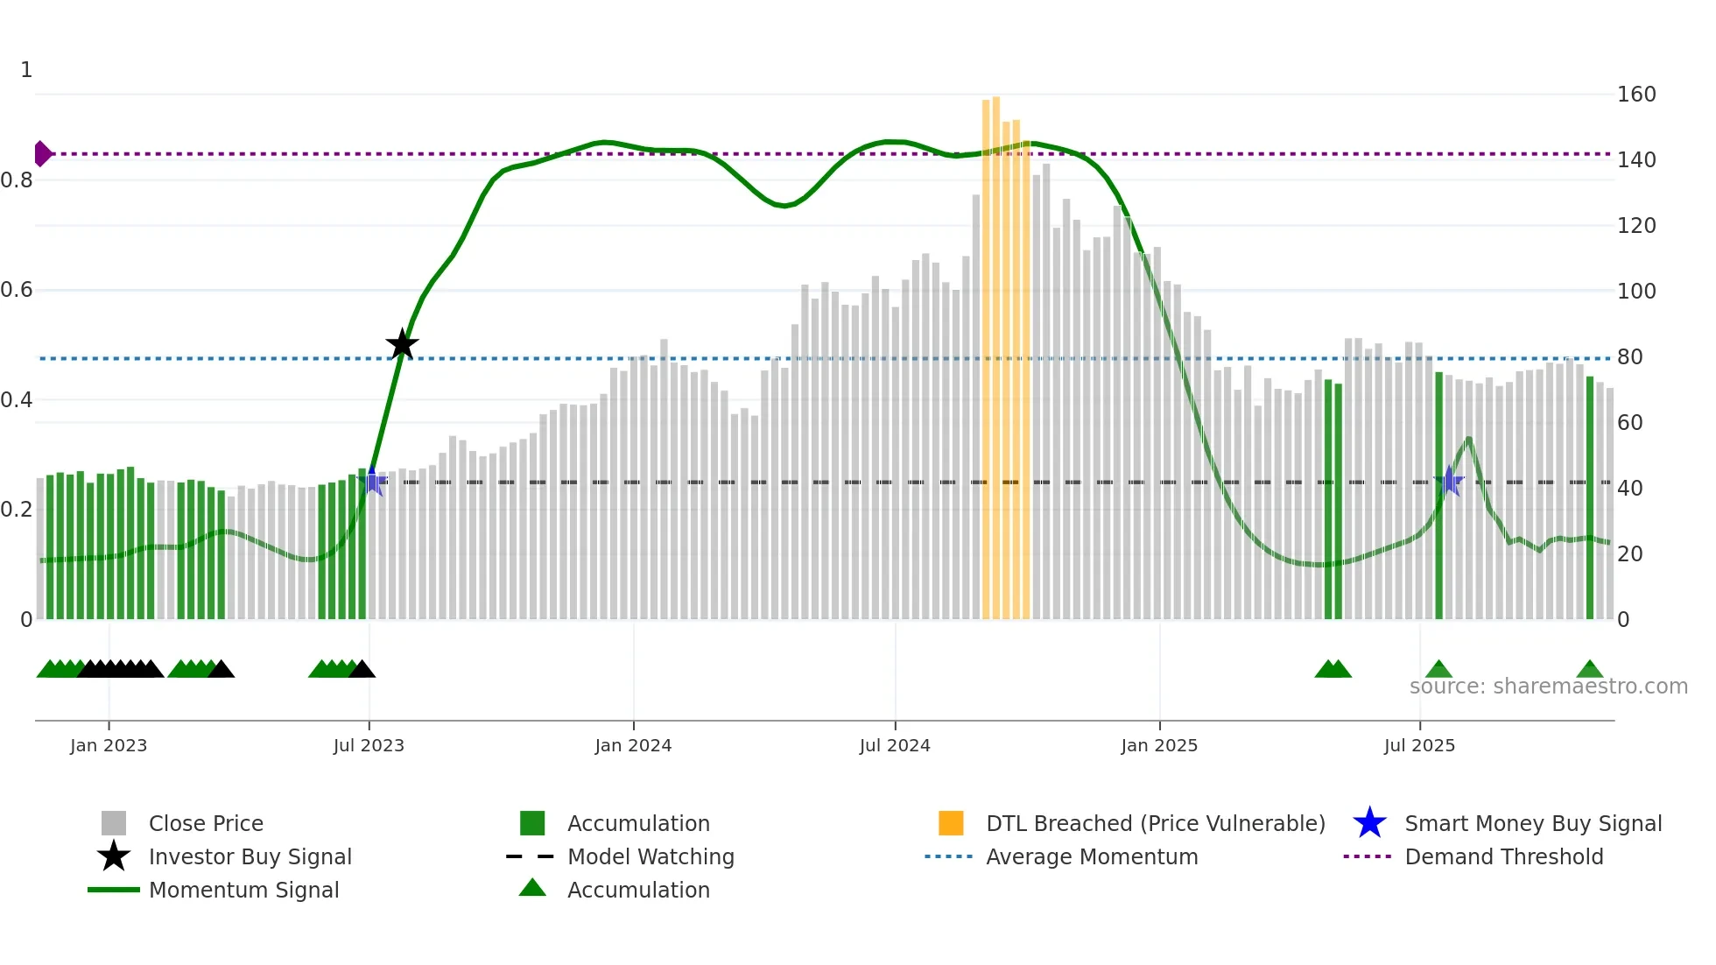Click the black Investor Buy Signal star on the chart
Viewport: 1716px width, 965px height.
click(x=402, y=344)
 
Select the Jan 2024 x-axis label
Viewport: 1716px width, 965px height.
click(x=633, y=746)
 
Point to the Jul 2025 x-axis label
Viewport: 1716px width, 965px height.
click(x=1419, y=746)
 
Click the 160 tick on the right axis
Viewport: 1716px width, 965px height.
click(x=1636, y=95)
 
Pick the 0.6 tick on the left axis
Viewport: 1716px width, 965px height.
click(x=17, y=290)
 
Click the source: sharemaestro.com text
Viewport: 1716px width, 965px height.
click(x=1548, y=687)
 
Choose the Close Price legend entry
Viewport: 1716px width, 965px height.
click(x=206, y=824)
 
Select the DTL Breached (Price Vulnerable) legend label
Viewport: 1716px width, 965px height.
click(x=1155, y=824)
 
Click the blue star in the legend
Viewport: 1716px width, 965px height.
click(x=1369, y=823)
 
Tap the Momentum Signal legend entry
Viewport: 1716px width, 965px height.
click(x=243, y=891)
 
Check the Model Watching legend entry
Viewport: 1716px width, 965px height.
click(x=651, y=857)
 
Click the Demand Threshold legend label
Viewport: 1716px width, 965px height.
click(x=1503, y=857)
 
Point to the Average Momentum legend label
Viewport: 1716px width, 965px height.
click(x=1092, y=857)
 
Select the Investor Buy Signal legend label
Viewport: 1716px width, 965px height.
click(x=250, y=857)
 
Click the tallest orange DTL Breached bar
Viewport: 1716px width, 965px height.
click(x=996, y=350)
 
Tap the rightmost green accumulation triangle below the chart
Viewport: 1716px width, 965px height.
click(x=1589, y=670)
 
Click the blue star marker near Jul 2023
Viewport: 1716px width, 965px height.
click(x=373, y=481)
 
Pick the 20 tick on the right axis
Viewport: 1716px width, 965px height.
click(x=1629, y=554)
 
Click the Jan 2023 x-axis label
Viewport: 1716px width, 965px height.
click(x=109, y=746)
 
